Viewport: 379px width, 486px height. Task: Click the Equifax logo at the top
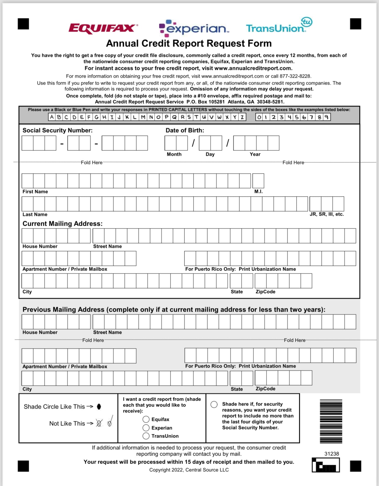[103, 28]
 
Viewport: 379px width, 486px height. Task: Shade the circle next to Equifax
[146, 419]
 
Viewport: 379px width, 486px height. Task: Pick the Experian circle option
[146, 428]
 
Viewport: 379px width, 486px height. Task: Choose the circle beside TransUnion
[146, 436]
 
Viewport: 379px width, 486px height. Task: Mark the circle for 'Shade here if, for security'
[214, 404]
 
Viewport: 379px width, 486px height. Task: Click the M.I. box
[258, 181]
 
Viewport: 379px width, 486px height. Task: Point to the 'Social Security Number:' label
[58, 130]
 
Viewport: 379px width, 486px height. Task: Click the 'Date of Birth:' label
[185, 130]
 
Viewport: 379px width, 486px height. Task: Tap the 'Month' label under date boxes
[174, 154]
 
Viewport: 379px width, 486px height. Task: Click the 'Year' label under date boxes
[255, 154]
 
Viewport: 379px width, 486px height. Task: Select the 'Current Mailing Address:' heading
[63, 224]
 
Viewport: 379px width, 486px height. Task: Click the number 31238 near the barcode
[331, 454]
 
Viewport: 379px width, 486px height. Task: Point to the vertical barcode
[331, 421]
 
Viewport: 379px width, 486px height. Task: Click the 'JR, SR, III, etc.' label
[326, 214]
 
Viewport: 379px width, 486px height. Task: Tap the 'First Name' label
[35, 192]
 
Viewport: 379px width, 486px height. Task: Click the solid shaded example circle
[99, 407]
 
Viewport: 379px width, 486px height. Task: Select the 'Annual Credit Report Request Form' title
[189, 43]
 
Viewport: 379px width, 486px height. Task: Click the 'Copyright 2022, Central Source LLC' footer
[189, 470]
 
